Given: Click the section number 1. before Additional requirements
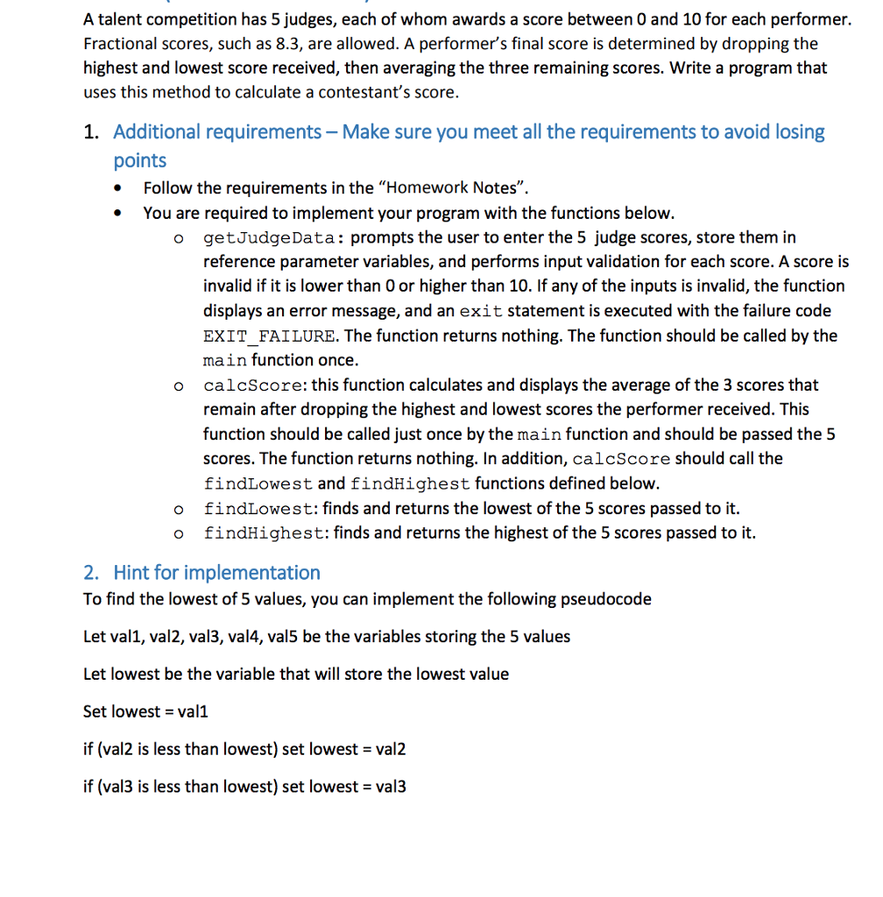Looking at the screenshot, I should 91,132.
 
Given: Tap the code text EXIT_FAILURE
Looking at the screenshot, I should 269,336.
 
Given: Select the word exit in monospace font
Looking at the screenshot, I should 480,312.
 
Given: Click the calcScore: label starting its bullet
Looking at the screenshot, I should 255,385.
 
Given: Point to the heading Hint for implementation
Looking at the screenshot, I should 216,573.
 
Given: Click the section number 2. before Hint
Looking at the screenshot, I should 91,573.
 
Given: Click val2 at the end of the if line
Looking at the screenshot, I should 390,750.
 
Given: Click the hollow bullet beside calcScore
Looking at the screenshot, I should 178,386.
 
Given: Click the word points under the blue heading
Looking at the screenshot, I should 140,160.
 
